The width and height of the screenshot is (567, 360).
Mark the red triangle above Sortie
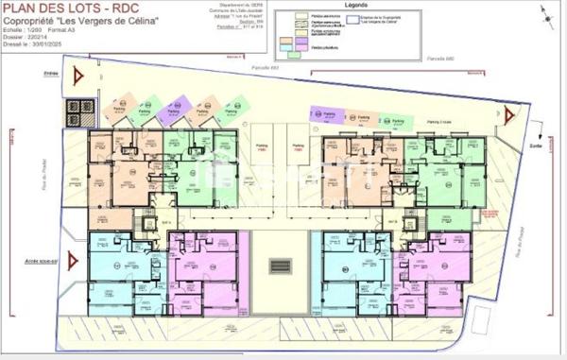tap(508, 116)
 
